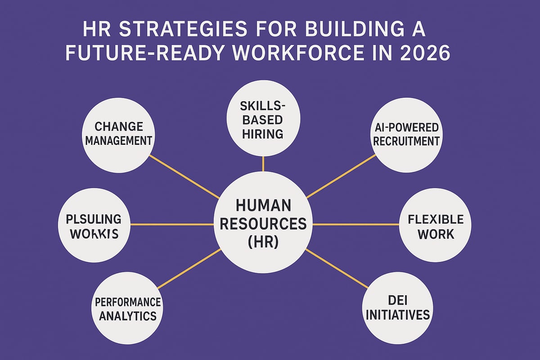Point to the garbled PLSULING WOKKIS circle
click(94, 226)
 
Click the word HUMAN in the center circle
click(263, 206)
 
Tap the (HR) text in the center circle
click(263, 242)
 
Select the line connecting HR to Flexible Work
click(355, 225)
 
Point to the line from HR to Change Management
click(184, 177)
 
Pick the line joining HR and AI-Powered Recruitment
click(341, 176)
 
